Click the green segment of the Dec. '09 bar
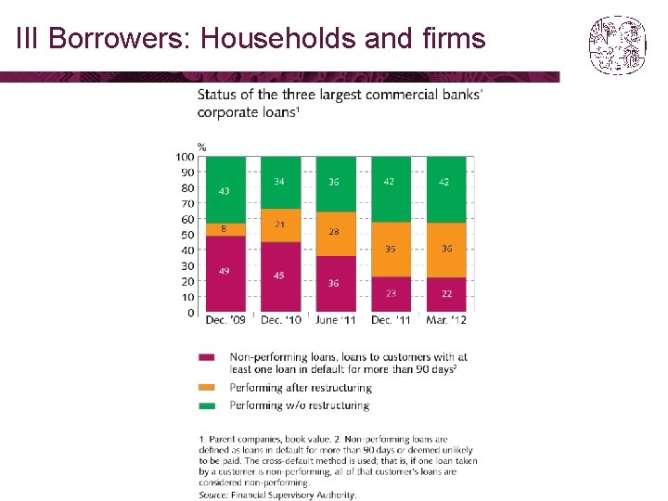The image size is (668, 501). pyautogui.click(x=225, y=190)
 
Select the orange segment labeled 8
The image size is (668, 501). pyautogui.click(x=225, y=230)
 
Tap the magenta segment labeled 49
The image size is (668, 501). pyautogui.click(x=225, y=274)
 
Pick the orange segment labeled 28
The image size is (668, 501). pyautogui.click(x=336, y=234)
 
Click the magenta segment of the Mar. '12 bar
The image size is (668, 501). pyautogui.click(x=446, y=295)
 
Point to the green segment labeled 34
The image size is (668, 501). pyautogui.click(x=281, y=183)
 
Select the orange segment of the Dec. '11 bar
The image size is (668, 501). pyautogui.click(x=392, y=250)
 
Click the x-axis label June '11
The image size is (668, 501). pyautogui.click(x=335, y=320)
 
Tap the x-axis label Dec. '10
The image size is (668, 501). pyautogui.click(x=281, y=320)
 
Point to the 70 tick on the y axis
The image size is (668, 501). pyautogui.click(x=187, y=203)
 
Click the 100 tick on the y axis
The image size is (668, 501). pyautogui.click(x=185, y=157)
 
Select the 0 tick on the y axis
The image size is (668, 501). pyautogui.click(x=191, y=313)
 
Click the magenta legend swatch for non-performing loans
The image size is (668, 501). pyautogui.click(x=207, y=357)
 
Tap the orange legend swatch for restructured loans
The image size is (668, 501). pyautogui.click(x=207, y=387)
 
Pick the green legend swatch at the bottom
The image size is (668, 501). pyautogui.click(x=207, y=405)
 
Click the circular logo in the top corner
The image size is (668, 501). pyautogui.click(x=618, y=45)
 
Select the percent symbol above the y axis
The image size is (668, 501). pyautogui.click(x=202, y=148)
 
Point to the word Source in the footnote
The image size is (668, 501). pyautogui.click(x=213, y=495)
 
